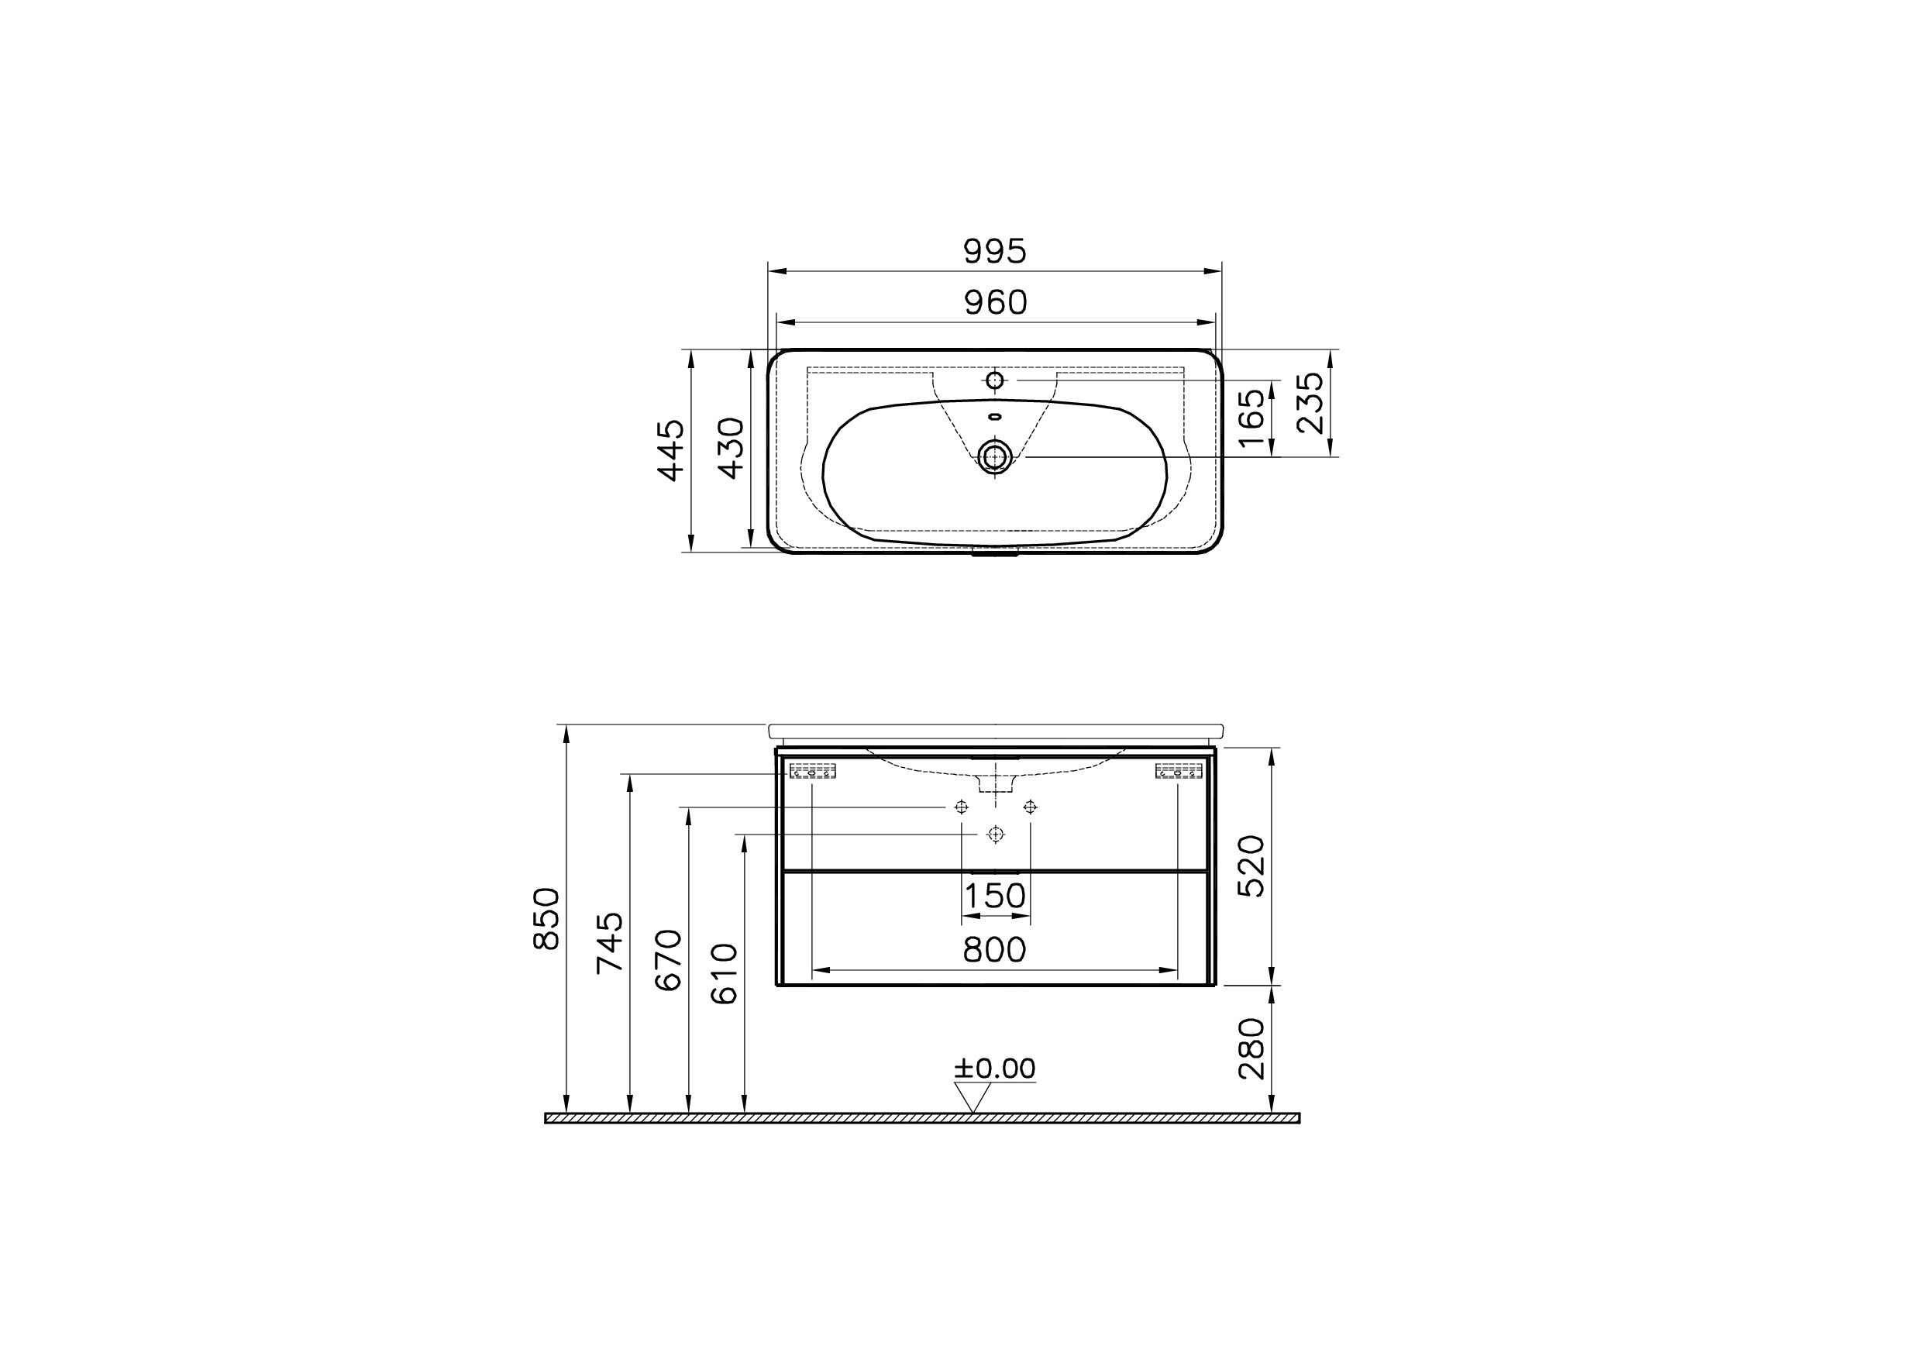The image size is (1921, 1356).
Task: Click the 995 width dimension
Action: (994, 251)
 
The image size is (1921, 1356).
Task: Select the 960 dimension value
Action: (995, 303)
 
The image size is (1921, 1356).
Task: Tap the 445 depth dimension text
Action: (671, 450)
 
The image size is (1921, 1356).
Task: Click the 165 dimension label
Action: (1251, 418)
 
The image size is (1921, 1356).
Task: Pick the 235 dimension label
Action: (1310, 403)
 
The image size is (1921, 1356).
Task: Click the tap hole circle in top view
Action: (995, 380)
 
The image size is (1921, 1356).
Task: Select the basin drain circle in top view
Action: (995, 456)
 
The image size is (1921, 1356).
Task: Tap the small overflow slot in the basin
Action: (995, 417)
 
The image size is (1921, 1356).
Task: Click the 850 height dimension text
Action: (546, 918)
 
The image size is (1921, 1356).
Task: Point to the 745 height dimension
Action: (610, 943)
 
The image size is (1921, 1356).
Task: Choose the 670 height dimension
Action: (669, 960)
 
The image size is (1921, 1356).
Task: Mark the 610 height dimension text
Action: (725, 974)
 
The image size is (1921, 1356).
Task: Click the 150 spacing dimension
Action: (995, 897)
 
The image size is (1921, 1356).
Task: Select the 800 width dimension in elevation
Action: (994, 950)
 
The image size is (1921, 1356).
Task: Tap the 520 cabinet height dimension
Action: (1251, 866)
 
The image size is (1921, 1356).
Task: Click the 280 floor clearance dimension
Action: (1251, 1048)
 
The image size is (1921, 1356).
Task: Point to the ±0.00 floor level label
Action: (995, 1069)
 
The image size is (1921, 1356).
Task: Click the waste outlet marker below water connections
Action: (995, 834)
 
